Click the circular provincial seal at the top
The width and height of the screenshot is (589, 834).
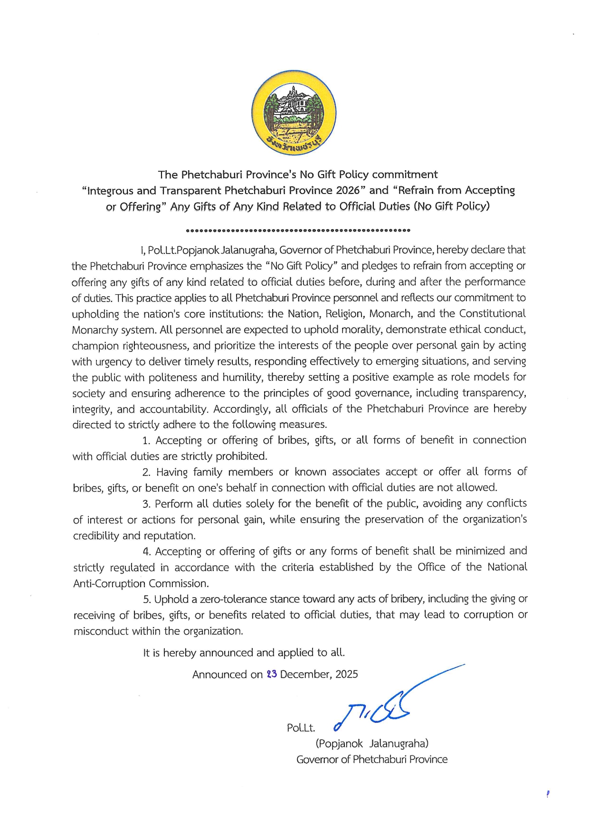point(294,113)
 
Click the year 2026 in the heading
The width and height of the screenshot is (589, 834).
point(348,191)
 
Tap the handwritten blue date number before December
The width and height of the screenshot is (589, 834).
point(272,674)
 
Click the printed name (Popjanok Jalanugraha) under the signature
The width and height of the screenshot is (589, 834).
point(372,743)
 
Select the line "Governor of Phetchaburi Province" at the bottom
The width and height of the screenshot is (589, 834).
point(372,759)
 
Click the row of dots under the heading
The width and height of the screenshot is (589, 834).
point(298,231)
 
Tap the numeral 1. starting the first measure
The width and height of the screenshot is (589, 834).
point(146,441)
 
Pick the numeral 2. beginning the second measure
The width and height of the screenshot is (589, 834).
point(146,472)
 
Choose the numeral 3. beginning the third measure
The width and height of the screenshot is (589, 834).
point(146,504)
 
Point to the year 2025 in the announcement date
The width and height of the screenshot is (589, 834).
point(346,674)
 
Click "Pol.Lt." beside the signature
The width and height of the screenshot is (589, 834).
point(301,728)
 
